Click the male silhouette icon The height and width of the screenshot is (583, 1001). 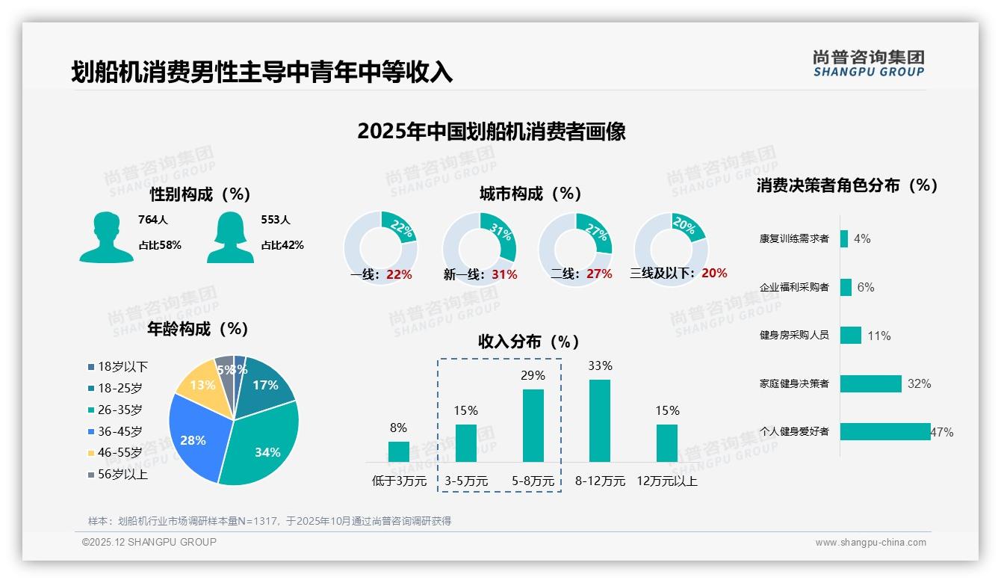tap(106, 237)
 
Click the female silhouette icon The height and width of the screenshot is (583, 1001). tap(230, 237)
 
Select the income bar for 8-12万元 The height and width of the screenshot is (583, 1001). tap(600, 421)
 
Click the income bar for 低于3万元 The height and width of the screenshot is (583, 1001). tap(398, 451)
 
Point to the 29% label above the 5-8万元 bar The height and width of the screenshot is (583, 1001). tap(533, 375)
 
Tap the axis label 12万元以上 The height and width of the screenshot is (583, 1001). tap(666, 481)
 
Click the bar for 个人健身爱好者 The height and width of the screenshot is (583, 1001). tap(885, 431)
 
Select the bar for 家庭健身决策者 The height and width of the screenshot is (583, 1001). tap(871, 383)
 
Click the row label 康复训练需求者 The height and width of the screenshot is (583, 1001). tap(794, 238)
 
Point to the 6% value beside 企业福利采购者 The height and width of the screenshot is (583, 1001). tap(865, 287)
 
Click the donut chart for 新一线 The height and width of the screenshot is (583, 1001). tap(479, 248)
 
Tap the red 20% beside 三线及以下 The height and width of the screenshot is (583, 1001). tap(714, 274)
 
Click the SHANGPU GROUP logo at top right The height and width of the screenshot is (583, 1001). tap(869, 64)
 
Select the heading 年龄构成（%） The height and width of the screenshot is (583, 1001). tap(198, 328)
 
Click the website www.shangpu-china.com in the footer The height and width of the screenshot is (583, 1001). tap(870, 543)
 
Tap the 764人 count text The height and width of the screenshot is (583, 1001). tap(153, 220)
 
